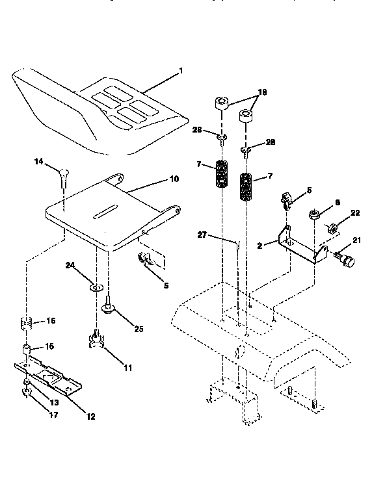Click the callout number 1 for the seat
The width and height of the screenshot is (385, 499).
click(x=182, y=71)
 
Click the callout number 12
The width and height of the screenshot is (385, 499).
click(x=91, y=416)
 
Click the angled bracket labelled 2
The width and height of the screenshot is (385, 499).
click(x=299, y=244)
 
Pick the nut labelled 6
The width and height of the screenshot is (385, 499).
click(x=313, y=214)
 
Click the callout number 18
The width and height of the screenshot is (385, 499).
click(x=263, y=94)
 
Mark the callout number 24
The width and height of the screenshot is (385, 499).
click(x=70, y=266)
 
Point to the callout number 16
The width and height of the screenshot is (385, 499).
click(x=50, y=321)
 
